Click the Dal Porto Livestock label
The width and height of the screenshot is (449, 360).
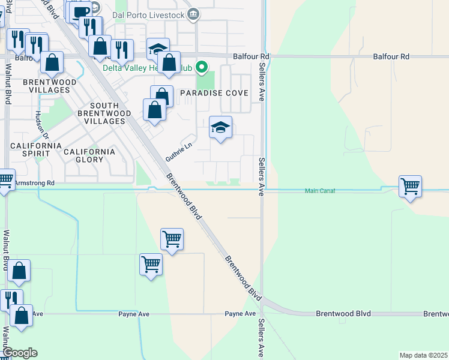pos(151,14)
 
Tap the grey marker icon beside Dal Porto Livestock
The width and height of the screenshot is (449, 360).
pos(193,14)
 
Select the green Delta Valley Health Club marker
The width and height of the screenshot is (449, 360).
pos(202,67)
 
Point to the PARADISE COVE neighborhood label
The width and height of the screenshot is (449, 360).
pos(210,94)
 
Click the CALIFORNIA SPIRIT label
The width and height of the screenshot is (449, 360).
pos(35,149)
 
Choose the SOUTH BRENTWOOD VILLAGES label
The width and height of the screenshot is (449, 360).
pos(99,113)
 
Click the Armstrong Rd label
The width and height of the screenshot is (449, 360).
pos(34,182)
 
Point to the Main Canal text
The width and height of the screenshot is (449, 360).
pos(319,191)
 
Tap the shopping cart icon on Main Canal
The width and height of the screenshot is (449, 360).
pos(410,187)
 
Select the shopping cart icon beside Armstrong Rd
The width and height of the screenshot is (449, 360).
pos(5,179)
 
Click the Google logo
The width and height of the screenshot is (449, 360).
pos(20,353)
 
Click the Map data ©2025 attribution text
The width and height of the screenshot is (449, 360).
pos(423,355)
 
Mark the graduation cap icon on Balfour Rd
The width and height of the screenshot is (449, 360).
pos(158,49)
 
